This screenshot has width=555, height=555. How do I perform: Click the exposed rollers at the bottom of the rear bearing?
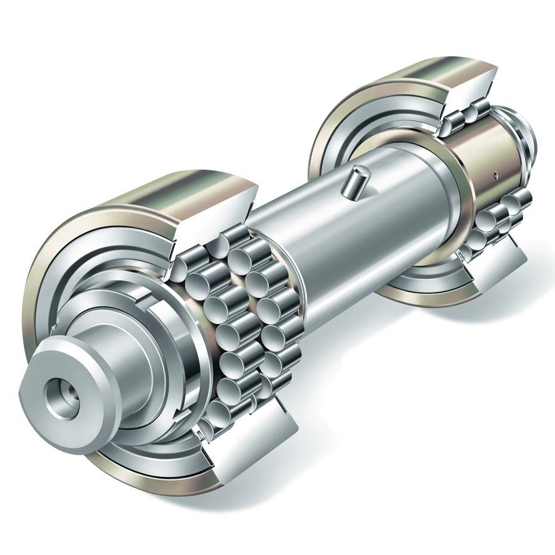(501, 219)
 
